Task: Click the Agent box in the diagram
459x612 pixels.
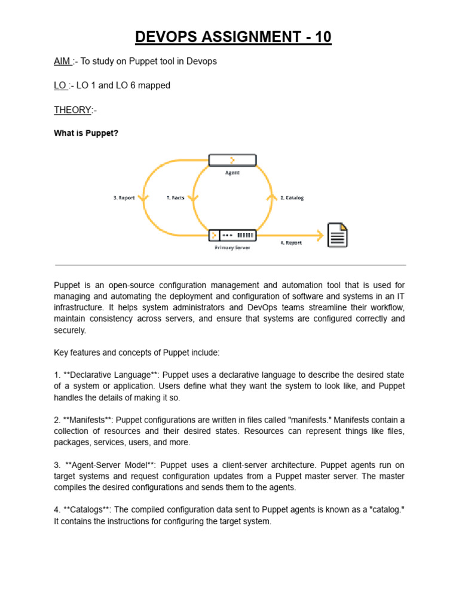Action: click(232, 160)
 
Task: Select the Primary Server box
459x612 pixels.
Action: click(232, 235)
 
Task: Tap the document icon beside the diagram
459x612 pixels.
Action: click(337, 235)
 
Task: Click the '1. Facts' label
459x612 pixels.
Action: click(176, 198)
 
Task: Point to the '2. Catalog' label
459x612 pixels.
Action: click(292, 198)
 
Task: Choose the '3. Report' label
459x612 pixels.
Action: click(124, 198)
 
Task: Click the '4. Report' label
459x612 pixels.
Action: click(291, 243)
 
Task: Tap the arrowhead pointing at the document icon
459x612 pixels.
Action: click(318, 235)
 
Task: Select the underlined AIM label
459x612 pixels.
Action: click(62, 62)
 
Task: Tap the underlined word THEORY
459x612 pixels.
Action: click(72, 110)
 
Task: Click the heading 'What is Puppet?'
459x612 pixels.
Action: click(86, 133)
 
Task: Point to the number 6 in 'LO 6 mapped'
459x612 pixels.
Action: click(133, 85)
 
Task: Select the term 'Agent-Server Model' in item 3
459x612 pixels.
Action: click(110, 464)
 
